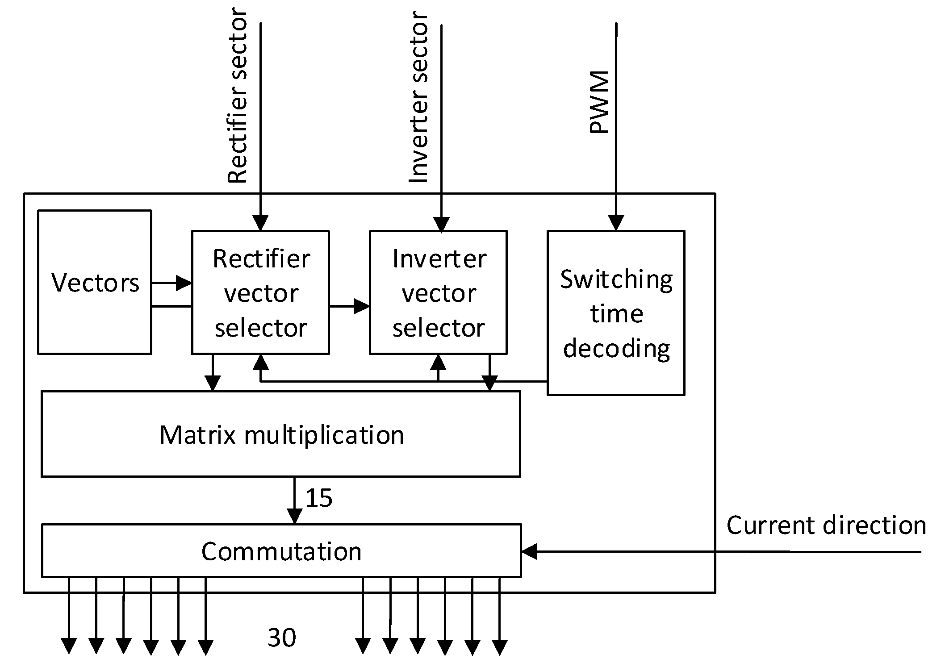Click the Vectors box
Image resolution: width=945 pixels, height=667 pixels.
(x=95, y=282)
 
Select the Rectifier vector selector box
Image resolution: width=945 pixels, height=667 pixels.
(x=260, y=292)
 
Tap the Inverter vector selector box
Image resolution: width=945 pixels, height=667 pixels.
(x=438, y=292)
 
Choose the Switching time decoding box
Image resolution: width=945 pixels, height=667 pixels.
(x=616, y=313)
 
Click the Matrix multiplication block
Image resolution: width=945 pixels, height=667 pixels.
(x=281, y=434)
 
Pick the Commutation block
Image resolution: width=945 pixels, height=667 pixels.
(x=281, y=551)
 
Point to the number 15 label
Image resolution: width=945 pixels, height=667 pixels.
(x=319, y=498)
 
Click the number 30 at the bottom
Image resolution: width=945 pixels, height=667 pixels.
(x=281, y=637)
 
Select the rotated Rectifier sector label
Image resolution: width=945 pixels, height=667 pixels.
(x=237, y=96)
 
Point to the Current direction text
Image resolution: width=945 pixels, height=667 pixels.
(x=826, y=525)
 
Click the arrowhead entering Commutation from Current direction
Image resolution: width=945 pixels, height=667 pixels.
(x=529, y=552)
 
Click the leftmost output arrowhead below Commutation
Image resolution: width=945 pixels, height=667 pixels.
(x=69, y=646)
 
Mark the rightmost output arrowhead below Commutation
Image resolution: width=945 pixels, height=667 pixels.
(x=499, y=646)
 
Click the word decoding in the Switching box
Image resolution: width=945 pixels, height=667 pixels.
(x=616, y=348)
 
